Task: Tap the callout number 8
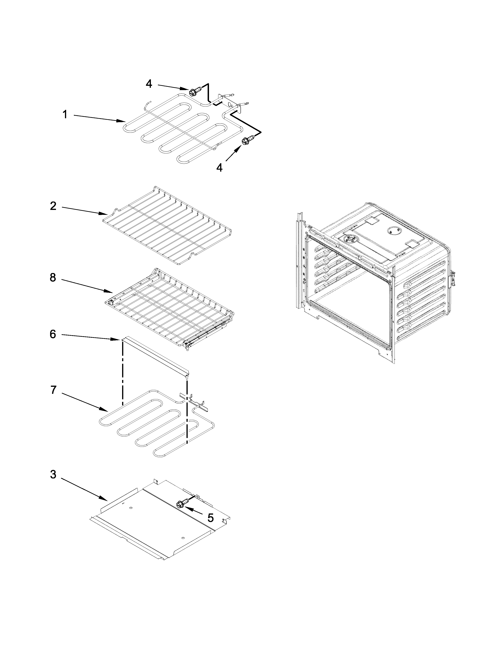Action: pyautogui.click(x=53, y=277)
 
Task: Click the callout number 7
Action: pyautogui.click(x=53, y=390)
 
